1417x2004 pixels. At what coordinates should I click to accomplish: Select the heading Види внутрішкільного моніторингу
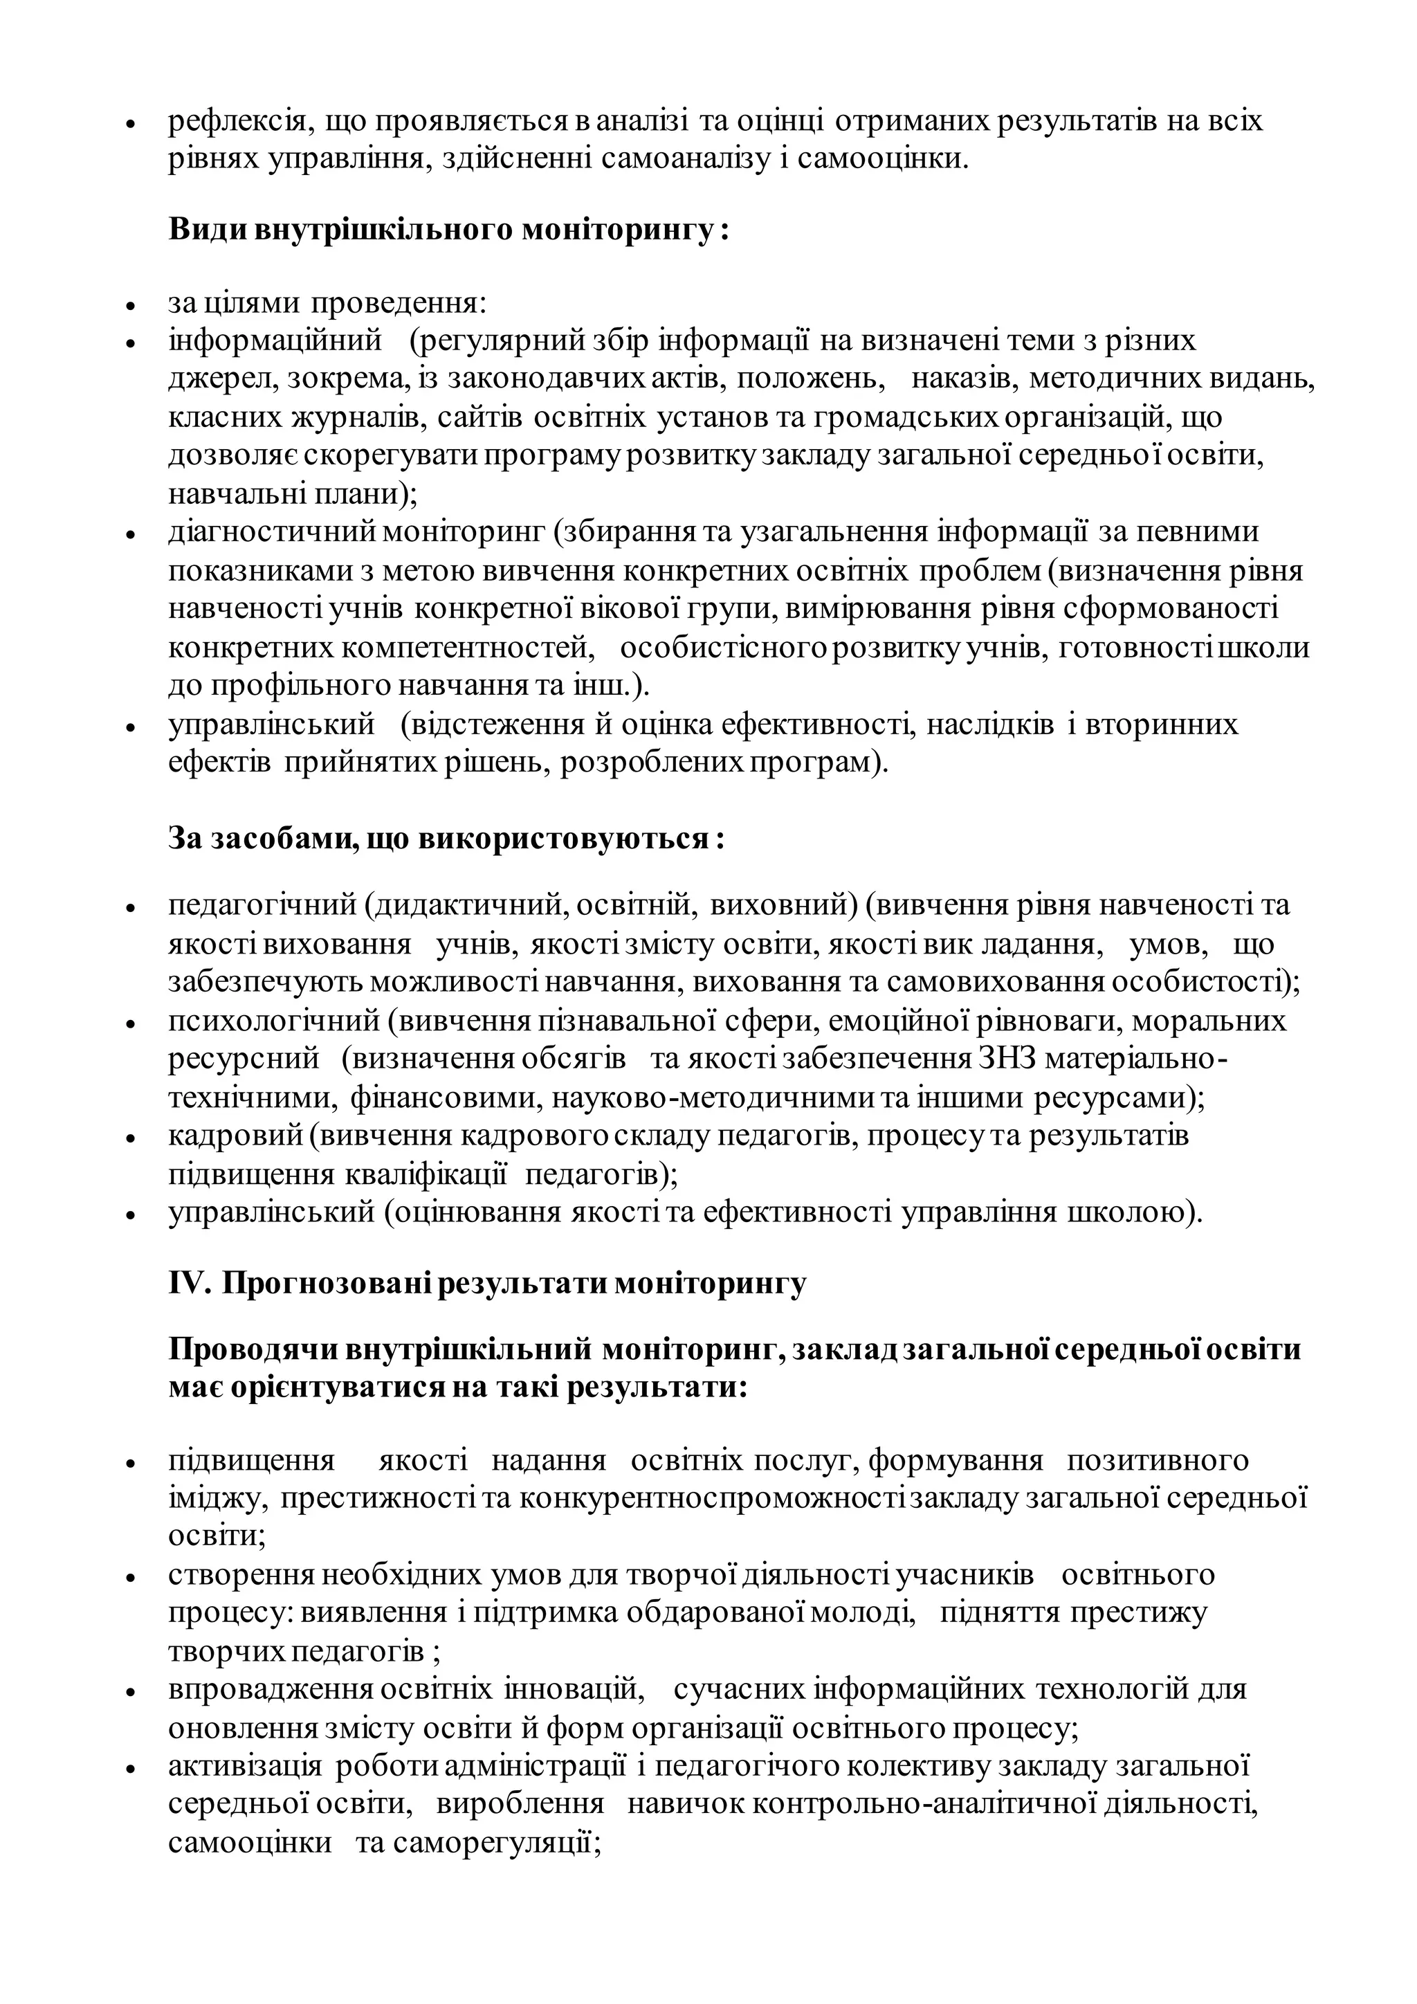[x=448, y=230]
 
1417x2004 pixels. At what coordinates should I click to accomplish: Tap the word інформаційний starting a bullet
[x=276, y=340]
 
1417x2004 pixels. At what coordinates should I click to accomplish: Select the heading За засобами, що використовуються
[x=446, y=839]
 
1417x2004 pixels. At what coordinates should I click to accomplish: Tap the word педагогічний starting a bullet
[x=263, y=905]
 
